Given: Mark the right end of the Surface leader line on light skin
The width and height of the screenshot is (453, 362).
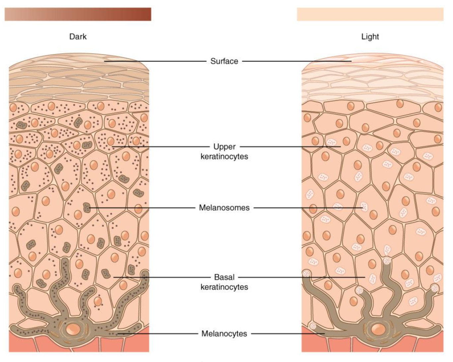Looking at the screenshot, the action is pyautogui.click(x=351, y=61).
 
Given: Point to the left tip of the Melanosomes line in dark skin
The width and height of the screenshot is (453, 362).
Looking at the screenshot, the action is pyautogui.click(x=89, y=208).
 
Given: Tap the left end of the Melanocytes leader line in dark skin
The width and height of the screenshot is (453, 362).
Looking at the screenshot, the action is pyautogui.click(x=117, y=334).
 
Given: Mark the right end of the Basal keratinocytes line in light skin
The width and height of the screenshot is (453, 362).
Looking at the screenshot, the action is pyautogui.click(x=365, y=278).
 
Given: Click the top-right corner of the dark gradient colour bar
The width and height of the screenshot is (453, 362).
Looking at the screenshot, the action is pyautogui.click(x=151, y=8).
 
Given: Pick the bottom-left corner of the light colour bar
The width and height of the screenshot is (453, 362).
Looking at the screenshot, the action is pyautogui.click(x=297, y=21).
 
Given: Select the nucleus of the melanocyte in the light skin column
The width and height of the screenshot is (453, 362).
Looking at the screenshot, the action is pyautogui.click(x=378, y=329).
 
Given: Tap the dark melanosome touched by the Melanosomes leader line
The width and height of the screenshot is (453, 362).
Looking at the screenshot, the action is pyautogui.click(x=87, y=208).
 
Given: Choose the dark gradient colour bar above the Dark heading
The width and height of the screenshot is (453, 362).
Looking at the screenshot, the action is pyautogui.click(x=78, y=14).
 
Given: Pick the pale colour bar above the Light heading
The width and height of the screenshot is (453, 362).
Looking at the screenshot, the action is pyautogui.click(x=370, y=14).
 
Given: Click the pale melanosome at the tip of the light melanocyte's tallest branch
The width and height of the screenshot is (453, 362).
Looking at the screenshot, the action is pyautogui.click(x=387, y=261).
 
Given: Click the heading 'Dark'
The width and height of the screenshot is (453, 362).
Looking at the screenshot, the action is pyautogui.click(x=78, y=37).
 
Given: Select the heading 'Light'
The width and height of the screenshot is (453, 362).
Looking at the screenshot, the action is pyautogui.click(x=370, y=37).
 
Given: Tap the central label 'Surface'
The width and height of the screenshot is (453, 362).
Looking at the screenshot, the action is pyautogui.click(x=224, y=61).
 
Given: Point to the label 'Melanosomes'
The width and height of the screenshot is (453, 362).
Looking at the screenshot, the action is pyautogui.click(x=224, y=208).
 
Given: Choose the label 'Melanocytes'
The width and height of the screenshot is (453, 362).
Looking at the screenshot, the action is pyautogui.click(x=224, y=333).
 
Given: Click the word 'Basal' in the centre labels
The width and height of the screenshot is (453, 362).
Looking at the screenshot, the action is pyautogui.click(x=224, y=277).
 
